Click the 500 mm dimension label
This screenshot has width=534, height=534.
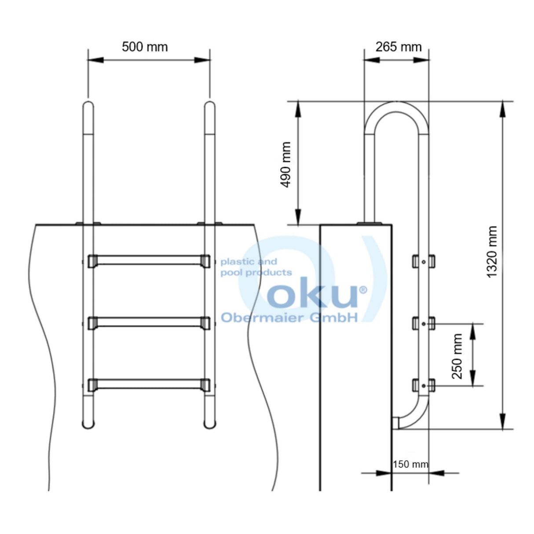(145, 47)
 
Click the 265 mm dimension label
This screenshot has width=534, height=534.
(398, 47)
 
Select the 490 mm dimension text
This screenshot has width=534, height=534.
(286, 165)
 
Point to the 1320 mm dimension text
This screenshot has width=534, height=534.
(492, 252)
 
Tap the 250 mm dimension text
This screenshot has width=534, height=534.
(457, 356)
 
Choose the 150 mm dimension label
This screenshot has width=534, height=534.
(410, 464)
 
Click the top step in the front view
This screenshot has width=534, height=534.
(149, 261)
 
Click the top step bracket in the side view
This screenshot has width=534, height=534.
(423, 261)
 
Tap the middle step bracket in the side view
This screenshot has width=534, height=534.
(423, 324)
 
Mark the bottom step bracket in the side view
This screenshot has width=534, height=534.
(423, 386)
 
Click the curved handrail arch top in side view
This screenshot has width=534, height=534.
(396, 107)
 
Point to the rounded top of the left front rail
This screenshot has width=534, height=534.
(88, 106)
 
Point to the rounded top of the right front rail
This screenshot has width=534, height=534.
(210, 106)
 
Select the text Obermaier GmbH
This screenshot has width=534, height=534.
(289, 317)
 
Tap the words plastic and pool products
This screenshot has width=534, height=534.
(256, 267)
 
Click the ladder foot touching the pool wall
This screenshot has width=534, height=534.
(396, 423)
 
